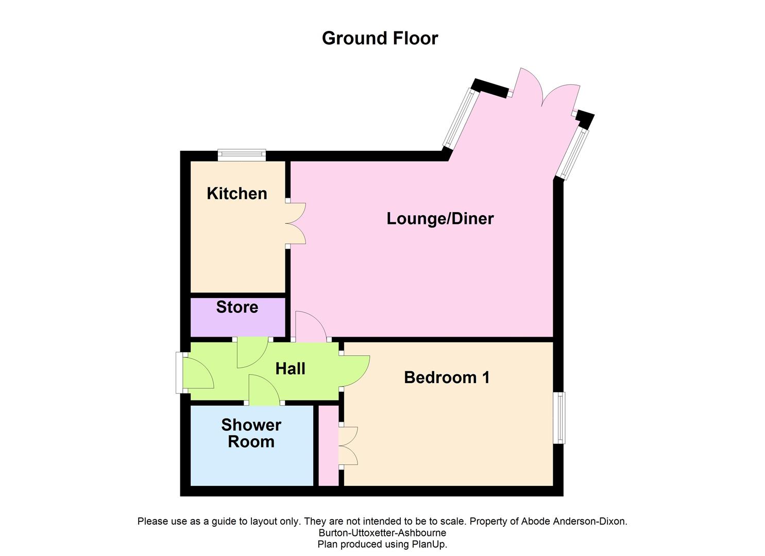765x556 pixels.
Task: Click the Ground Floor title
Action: pyautogui.click(x=380, y=38)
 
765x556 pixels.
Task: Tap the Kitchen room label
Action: pyautogui.click(x=237, y=194)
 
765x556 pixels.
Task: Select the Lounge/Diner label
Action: pyautogui.click(x=440, y=218)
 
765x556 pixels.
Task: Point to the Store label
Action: pyautogui.click(x=237, y=307)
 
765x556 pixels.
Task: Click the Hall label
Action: pyautogui.click(x=290, y=369)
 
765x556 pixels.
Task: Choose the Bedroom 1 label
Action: pyautogui.click(x=447, y=377)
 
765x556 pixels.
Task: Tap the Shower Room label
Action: pyautogui.click(x=251, y=433)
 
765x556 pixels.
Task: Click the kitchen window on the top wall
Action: pyautogui.click(x=242, y=154)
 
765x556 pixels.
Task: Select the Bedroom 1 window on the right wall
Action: pyautogui.click(x=559, y=418)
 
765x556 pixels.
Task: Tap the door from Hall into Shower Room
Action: pyautogui.click(x=264, y=390)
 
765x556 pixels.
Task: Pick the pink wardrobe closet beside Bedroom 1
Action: pyautogui.click(x=328, y=445)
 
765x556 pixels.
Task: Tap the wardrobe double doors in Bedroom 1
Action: pyautogui.click(x=348, y=446)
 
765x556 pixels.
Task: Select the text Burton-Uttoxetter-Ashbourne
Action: pyautogui.click(x=382, y=533)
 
